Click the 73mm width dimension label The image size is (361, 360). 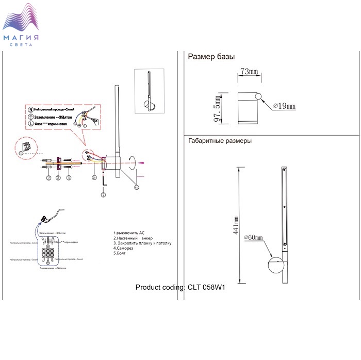pos(249,71)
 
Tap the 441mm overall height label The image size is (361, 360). pos(236,225)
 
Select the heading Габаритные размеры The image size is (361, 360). pos(220,140)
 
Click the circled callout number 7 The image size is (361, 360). pos(103,194)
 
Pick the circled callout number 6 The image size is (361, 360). pos(136,188)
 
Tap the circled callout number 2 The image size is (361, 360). pos(48,178)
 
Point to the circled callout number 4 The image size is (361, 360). pos(69,178)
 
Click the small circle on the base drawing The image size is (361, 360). pos(259,96)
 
